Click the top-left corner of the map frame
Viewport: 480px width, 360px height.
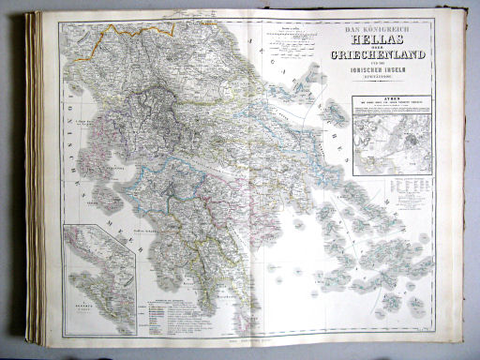[x=58, y=18]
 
